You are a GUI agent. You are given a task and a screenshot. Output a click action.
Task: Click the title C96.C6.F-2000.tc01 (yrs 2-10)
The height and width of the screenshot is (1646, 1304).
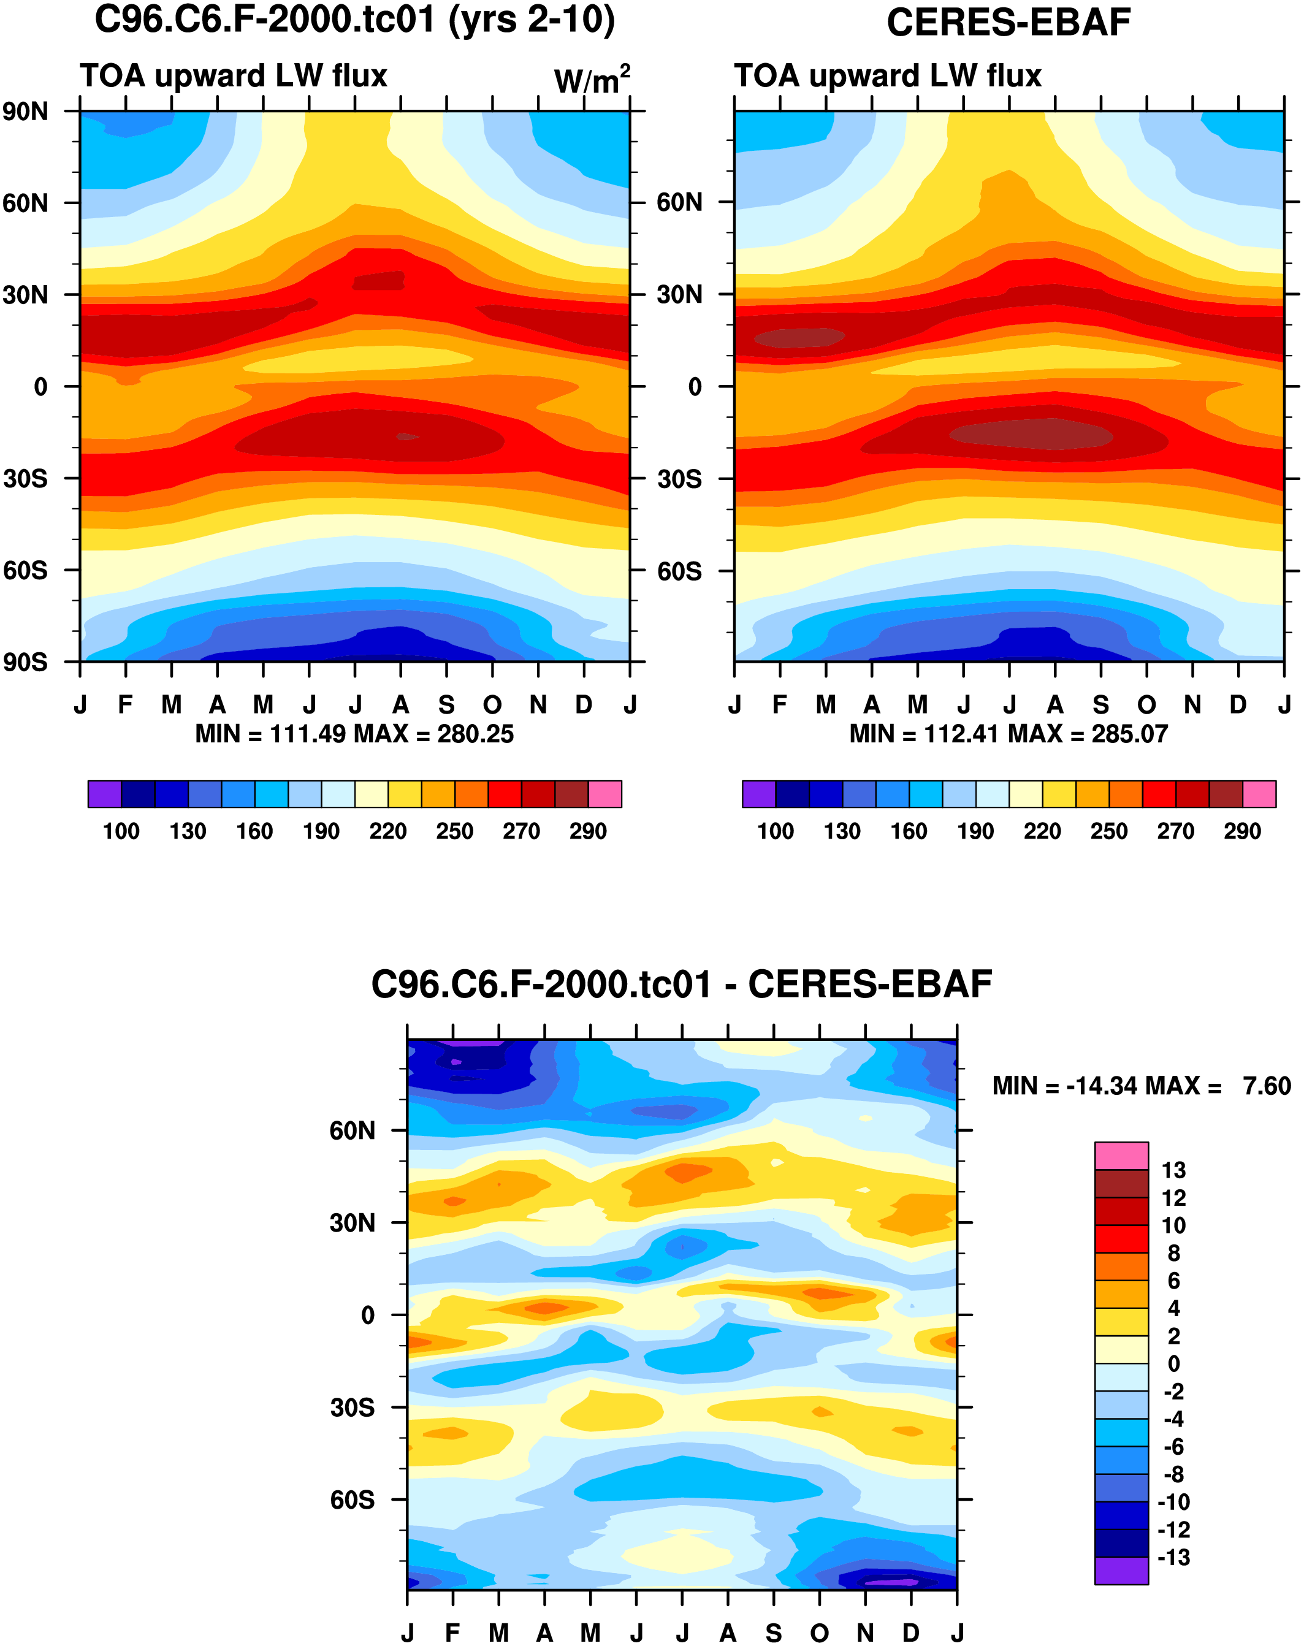pyautogui.click(x=354, y=21)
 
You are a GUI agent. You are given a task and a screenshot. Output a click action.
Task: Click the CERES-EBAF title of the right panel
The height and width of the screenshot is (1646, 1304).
pyautogui.click(x=1008, y=23)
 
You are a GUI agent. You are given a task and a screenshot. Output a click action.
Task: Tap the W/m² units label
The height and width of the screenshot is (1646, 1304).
pyautogui.click(x=592, y=80)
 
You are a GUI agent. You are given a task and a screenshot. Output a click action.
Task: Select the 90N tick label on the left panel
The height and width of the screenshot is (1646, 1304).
pyautogui.click(x=25, y=112)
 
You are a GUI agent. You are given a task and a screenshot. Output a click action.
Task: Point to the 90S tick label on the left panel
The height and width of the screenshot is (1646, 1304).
pyautogui.click(x=25, y=662)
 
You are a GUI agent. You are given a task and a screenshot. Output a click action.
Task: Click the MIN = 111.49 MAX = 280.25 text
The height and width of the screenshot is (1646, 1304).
pyautogui.click(x=354, y=734)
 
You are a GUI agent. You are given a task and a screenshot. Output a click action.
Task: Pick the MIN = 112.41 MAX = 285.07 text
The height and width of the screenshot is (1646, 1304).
pyautogui.click(x=1008, y=734)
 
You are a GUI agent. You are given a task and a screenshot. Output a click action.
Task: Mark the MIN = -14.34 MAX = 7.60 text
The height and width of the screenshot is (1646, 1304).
pyautogui.click(x=1142, y=1086)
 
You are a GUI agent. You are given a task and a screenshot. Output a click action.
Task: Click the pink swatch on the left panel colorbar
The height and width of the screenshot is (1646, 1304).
pyautogui.click(x=604, y=794)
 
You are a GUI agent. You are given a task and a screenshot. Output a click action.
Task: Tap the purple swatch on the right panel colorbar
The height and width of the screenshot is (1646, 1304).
pyautogui.click(x=758, y=794)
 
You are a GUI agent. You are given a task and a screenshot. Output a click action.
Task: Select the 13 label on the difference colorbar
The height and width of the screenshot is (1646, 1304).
pyautogui.click(x=1173, y=1170)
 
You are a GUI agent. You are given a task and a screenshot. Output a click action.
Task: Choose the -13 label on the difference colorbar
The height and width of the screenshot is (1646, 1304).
pyautogui.click(x=1173, y=1558)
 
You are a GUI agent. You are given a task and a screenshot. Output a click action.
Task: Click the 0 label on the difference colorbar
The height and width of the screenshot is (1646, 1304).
pyautogui.click(x=1173, y=1363)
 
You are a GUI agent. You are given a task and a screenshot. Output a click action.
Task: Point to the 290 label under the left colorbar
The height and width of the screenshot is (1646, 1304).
pyautogui.click(x=588, y=831)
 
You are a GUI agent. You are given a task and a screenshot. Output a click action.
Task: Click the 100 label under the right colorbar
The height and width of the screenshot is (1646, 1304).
pyautogui.click(x=775, y=831)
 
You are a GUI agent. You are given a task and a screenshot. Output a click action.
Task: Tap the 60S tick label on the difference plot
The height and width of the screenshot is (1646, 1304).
pyautogui.click(x=352, y=1500)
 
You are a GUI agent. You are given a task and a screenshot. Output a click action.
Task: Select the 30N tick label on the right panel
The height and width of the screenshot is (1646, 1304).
pyautogui.click(x=679, y=295)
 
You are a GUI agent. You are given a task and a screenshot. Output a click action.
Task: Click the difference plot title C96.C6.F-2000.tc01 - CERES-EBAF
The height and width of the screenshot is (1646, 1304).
pyautogui.click(x=681, y=985)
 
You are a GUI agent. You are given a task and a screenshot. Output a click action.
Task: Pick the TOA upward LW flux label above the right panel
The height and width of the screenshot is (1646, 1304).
pyautogui.click(x=887, y=77)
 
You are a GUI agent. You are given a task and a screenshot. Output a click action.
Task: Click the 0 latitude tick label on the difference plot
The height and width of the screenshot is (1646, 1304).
pyautogui.click(x=367, y=1316)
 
